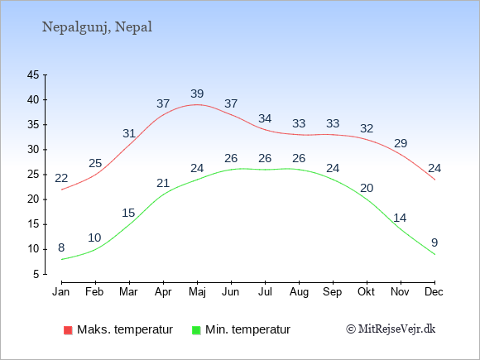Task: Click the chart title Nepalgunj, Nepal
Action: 97,27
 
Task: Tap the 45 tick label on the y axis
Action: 33,74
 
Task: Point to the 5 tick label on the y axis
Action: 36,274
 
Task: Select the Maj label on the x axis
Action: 197,292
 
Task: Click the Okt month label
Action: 366,292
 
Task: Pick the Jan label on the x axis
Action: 61,292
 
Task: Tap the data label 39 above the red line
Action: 197,94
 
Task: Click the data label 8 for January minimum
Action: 61,247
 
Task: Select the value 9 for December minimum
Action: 434,242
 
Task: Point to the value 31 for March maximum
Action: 129,133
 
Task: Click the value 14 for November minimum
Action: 400,218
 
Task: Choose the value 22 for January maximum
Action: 61,178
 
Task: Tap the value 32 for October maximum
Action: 367,128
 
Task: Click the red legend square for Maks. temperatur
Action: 68,330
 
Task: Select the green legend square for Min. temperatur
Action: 196,330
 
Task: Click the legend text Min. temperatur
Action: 247,329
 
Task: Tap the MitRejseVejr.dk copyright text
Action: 391,329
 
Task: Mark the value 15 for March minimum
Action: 128,213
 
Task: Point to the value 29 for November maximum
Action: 401,143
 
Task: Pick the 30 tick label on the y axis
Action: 33,150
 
